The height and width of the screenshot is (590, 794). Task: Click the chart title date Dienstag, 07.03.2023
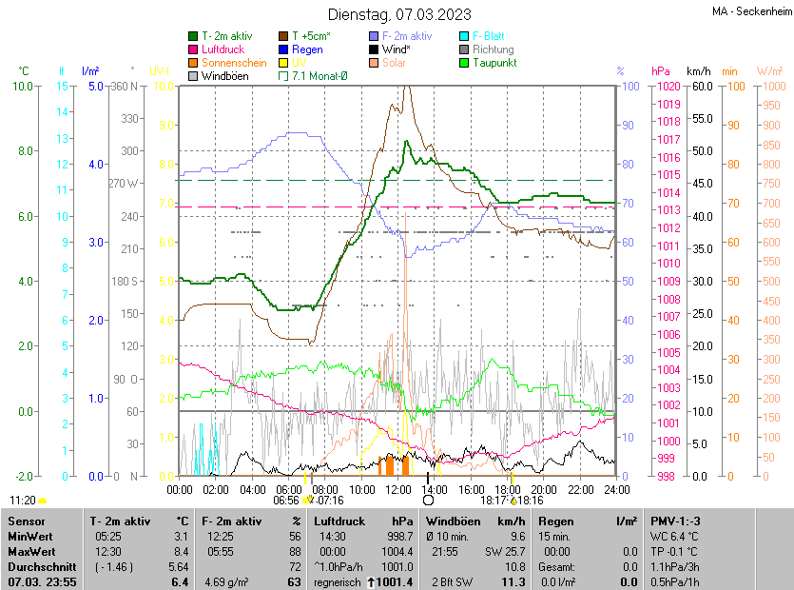(399, 14)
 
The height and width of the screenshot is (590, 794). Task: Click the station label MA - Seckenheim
(750, 12)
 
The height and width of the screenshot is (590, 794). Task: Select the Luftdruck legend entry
(223, 49)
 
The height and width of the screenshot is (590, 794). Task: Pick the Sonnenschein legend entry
(234, 63)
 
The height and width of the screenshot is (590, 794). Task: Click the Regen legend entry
(307, 49)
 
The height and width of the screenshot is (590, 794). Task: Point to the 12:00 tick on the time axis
(398, 489)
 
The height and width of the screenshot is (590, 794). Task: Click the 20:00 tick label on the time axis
(544, 489)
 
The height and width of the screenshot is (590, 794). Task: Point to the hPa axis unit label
(661, 71)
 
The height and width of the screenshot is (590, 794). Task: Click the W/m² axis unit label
(769, 71)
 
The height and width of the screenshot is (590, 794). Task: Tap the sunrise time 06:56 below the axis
(286, 500)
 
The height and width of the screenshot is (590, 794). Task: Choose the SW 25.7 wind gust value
(505, 551)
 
